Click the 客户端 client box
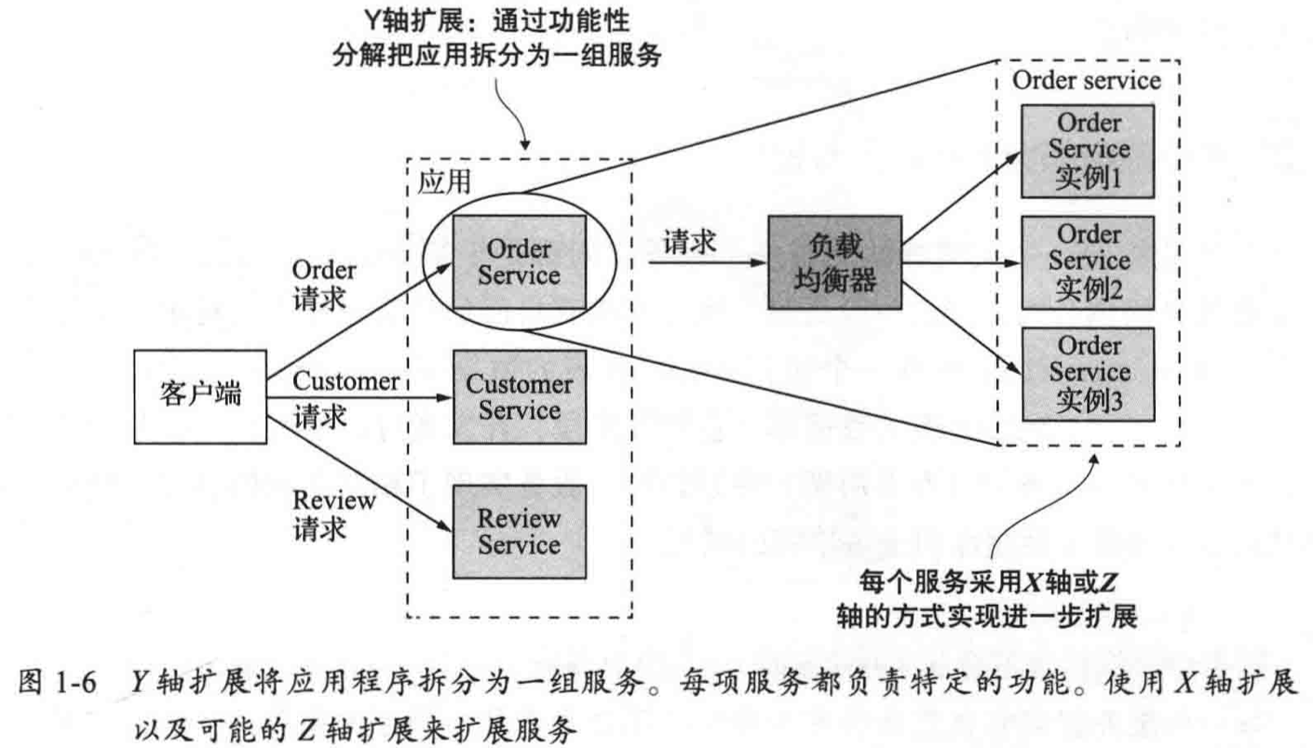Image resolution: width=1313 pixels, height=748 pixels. tap(200, 397)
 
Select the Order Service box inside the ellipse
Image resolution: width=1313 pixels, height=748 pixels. tap(519, 262)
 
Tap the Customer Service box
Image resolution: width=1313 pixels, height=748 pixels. tap(519, 397)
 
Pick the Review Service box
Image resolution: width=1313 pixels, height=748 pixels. tap(519, 532)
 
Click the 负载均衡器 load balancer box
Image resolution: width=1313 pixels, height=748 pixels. tap(835, 263)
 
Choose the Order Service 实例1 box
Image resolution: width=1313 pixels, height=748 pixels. tap(1087, 151)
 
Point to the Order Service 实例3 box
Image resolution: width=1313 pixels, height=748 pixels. tap(1087, 374)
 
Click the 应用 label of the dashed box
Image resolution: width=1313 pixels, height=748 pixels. tap(440, 183)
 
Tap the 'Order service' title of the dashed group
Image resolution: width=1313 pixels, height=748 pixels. tap(1087, 80)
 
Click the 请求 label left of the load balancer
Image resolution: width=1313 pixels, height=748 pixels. tap(689, 244)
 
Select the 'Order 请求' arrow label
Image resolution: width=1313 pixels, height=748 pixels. tap(323, 285)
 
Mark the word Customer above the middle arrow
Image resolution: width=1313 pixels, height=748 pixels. tap(345, 382)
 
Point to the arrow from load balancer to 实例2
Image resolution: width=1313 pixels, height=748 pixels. tap(959, 263)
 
